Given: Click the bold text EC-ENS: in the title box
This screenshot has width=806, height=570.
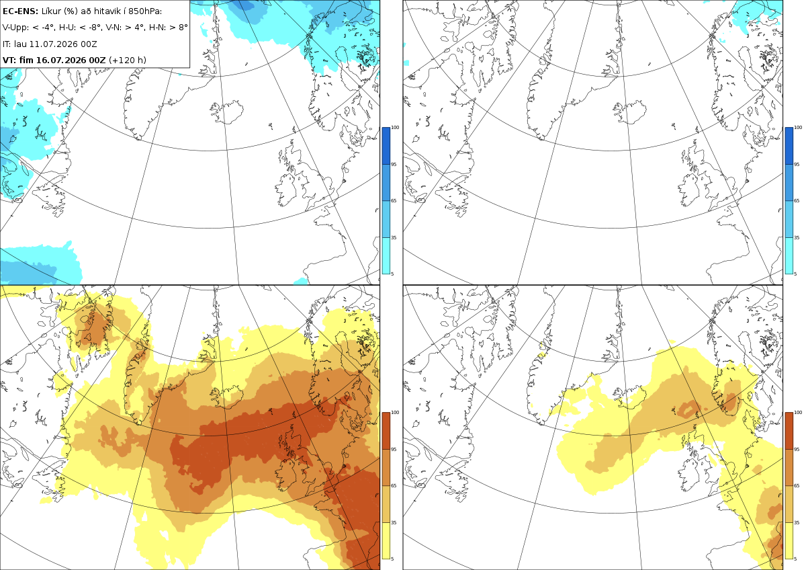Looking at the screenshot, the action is (20, 11).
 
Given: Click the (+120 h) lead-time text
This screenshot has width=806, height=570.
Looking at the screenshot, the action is (128, 60).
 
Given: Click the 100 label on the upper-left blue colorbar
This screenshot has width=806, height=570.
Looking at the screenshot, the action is (395, 128).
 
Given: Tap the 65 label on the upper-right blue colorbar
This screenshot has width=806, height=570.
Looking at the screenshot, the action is (797, 200).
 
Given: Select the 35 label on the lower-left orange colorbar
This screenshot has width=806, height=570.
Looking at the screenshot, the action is (394, 522).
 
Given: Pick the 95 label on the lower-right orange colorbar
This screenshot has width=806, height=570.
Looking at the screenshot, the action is (797, 450).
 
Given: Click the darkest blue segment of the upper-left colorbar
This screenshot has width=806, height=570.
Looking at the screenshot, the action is (386, 146).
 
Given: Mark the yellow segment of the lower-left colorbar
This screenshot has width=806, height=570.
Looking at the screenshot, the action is (386, 540).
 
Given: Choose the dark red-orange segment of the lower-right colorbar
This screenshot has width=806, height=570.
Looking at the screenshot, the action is (789, 431).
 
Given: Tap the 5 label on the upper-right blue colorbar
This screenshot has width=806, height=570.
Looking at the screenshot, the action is (795, 274).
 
